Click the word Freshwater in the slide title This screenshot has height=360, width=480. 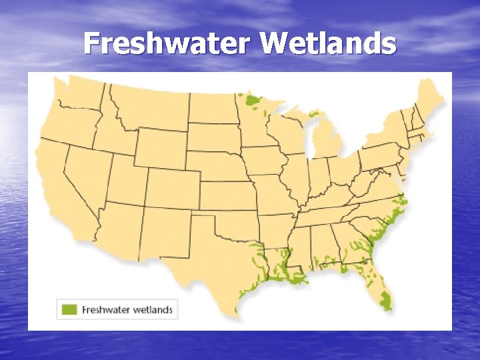pos(168,44)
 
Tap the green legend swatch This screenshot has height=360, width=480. pos(69,309)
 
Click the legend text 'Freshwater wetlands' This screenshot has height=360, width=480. pos(127,309)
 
